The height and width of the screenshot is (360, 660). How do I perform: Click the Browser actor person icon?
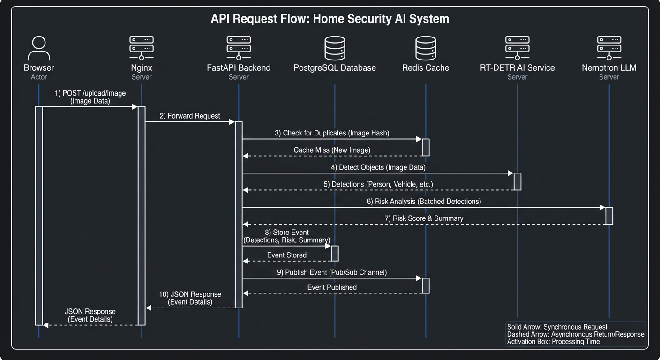(39, 48)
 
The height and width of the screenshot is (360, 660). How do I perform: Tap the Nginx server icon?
(142, 48)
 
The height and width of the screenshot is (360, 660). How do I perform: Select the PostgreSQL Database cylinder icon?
(335, 48)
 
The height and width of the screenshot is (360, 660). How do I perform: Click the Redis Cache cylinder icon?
(426, 48)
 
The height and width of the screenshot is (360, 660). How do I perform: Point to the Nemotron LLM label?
(609, 68)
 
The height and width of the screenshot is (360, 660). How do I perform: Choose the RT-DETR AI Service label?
(517, 68)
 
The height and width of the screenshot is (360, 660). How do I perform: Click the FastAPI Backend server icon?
(239, 48)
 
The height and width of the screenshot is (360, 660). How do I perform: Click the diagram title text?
(330, 19)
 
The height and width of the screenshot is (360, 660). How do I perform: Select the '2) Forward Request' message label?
(190, 116)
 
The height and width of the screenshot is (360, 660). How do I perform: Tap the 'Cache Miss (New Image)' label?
(332, 150)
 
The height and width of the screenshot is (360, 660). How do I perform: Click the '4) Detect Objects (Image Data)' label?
(375, 167)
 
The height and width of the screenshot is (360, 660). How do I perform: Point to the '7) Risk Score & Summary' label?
(424, 218)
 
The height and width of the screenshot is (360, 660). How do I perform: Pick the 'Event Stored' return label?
(287, 255)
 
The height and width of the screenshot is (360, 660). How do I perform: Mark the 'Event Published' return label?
(332, 287)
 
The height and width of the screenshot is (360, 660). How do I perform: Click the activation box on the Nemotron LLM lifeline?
(609, 215)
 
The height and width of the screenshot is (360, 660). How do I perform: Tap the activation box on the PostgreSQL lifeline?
(335, 253)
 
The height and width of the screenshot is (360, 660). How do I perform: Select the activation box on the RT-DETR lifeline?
(517, 181)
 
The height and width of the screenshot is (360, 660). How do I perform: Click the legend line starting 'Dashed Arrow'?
(576, 334)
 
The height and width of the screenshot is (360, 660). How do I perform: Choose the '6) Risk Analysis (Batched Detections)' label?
(424, 201)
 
